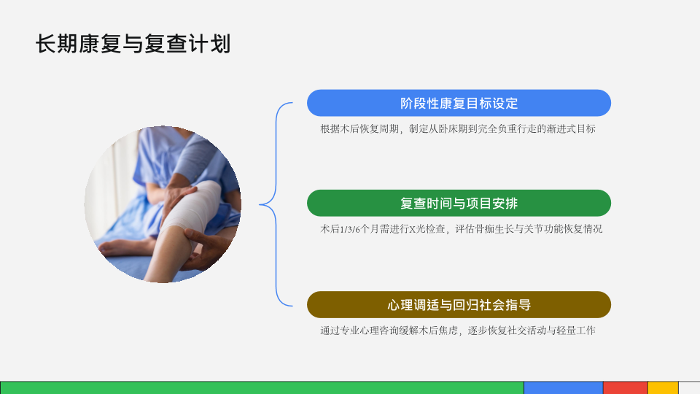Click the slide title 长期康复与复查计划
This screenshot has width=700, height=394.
pos(133,44)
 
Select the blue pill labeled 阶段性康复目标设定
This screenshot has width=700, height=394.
pos(459,103)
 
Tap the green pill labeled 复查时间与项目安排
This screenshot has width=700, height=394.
pos(459,204)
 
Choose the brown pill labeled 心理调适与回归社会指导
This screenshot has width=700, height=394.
pos(459,305)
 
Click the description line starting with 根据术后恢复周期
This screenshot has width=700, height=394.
pos(458,128)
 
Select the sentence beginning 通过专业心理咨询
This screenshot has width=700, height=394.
pos(458,330)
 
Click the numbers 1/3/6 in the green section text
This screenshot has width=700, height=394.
pos(350,229)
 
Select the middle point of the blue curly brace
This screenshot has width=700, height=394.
pos(260,204)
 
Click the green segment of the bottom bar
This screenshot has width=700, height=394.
pos(262,387)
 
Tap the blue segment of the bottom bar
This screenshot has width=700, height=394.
pos(564,387)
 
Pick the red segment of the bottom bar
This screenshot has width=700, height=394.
pos(625,387)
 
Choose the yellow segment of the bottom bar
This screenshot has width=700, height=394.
pos(663,387)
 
